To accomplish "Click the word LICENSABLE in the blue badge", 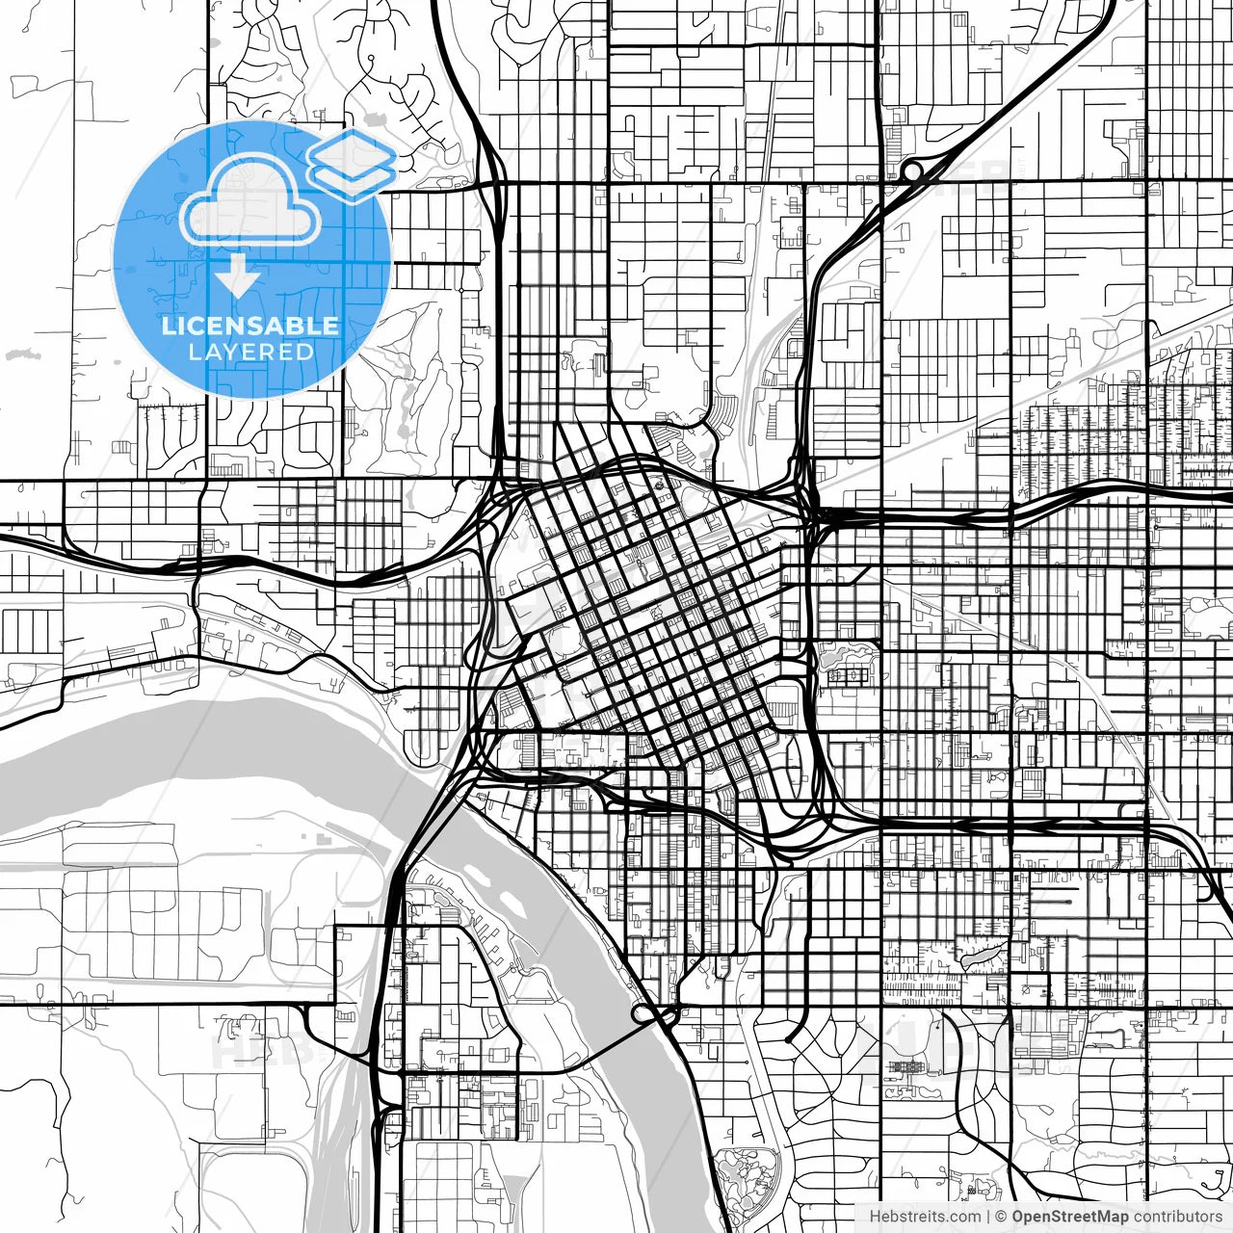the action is point(250,326).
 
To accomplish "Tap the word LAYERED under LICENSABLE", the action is point(250,352).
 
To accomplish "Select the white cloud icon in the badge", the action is point(251,202).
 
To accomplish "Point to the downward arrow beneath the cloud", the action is point(237,277).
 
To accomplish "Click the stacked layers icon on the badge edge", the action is point(352,164).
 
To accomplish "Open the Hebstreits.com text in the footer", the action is point(925,1217).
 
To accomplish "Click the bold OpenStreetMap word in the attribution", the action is point(1070,1217).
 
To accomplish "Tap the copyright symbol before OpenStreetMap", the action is point(1002,1217).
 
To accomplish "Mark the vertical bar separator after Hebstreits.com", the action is point(988,1217).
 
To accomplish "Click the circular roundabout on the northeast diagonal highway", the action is point(910,171).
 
